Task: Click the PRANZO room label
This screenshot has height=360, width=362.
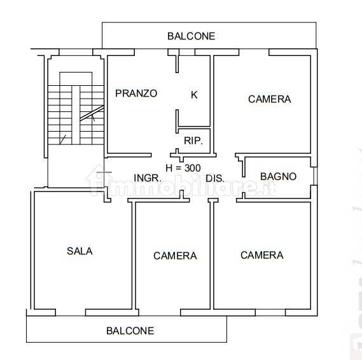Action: click(x=136, y=93)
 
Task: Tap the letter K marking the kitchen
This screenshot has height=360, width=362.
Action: click(x=195, y=95)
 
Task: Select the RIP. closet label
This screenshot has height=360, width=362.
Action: click(x=193, y=141)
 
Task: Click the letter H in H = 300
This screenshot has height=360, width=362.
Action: click(x=169, y=168)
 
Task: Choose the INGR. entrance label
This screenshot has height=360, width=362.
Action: click(x=146, y=178)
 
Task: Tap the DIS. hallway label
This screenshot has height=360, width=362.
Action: click(x=215, y=178)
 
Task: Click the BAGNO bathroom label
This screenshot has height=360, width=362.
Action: click(x=278, y=176)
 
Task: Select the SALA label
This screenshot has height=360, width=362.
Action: click(x=80, y=251)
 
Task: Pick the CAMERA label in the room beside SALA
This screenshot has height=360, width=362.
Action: click(x=175, y=256)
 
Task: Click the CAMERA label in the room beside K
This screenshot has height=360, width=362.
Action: click(x=269, y=99)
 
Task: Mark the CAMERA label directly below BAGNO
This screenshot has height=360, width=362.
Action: click(x=261, y=255)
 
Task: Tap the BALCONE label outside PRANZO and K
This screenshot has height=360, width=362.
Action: click(x=191, y=36)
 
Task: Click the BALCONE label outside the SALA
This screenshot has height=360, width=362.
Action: click(x=130, y=331)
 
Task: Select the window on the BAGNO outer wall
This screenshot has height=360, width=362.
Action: click(x=314, y=176)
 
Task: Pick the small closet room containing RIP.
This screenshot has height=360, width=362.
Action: click(x=193, y=141)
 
